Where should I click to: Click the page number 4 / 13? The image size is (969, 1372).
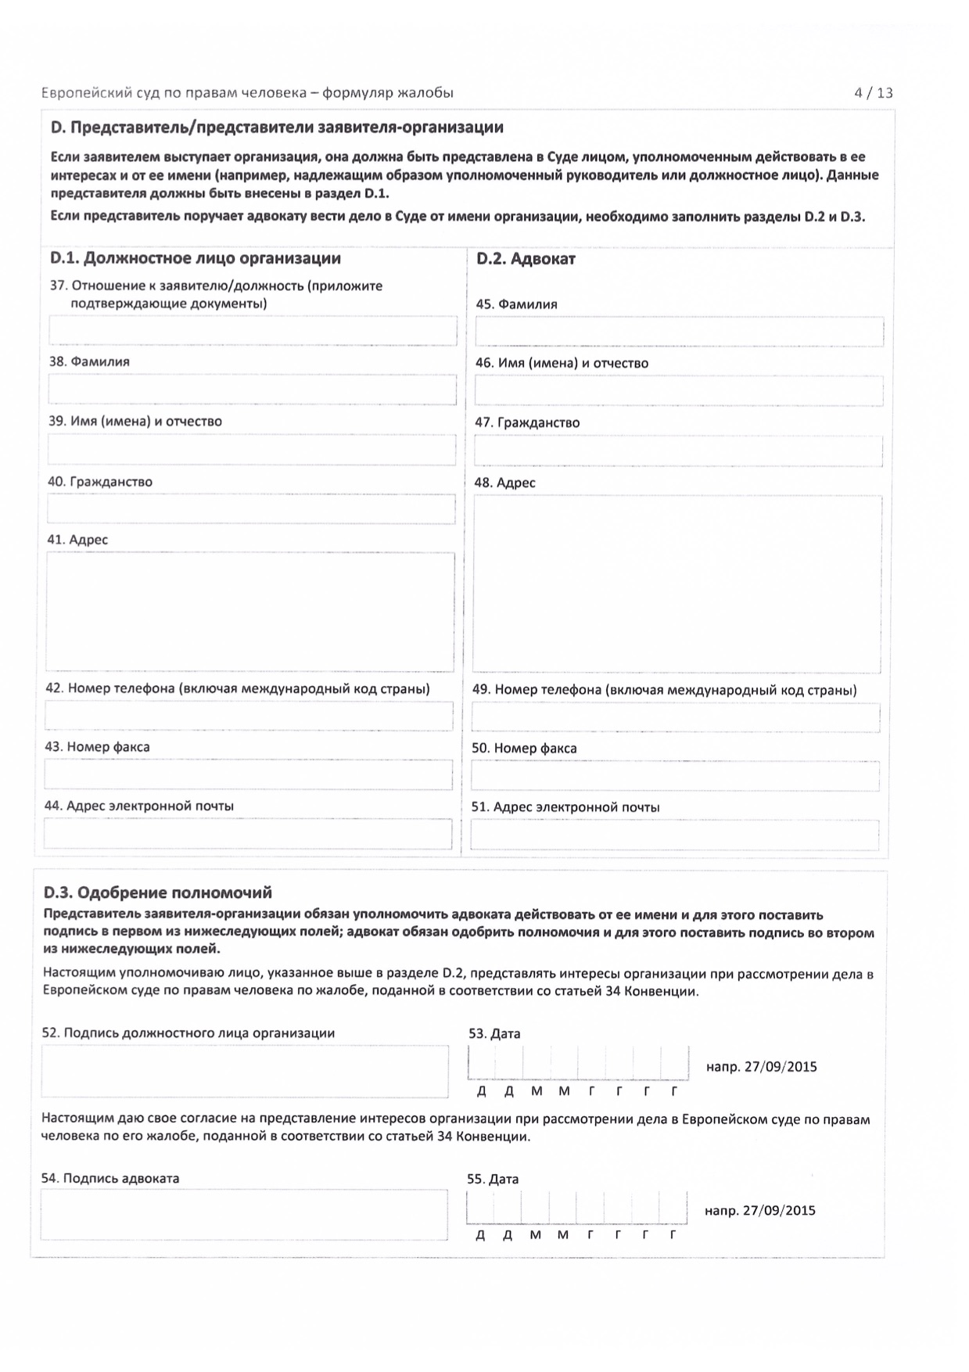tap(874, 93)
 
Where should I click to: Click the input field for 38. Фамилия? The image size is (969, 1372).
tap(252, 390)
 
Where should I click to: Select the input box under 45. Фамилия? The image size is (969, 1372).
tap(679, 332)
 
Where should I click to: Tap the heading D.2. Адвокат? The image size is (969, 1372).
tap(526, 260)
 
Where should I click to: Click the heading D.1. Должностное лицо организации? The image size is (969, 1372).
tap(196, 258)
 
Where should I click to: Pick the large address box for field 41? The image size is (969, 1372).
tap(250, 612)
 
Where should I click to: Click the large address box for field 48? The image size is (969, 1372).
tap(677, 584)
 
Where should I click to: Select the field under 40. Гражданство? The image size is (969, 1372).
tap(251, 509)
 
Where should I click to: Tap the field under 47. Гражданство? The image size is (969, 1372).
tap(678, 451)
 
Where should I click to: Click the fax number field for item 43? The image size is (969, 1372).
tap(249, 774)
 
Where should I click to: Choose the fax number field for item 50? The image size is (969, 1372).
tap(675, 776)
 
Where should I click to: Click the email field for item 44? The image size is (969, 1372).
tap(248, 834)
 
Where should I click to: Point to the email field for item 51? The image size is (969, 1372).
tap(674, 835)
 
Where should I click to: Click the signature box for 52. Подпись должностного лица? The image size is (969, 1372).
tap(245, 1071)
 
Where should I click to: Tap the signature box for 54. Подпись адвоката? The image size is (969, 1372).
tap(244, 1215)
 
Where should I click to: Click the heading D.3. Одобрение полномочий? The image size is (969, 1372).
tap(158, 893)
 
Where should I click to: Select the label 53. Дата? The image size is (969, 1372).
tap(494, 1034)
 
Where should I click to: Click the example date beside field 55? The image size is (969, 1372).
tap(759, 1211)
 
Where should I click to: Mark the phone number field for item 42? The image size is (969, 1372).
tap(249, 716)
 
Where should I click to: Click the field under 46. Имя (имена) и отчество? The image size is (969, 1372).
tap(678, 391)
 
